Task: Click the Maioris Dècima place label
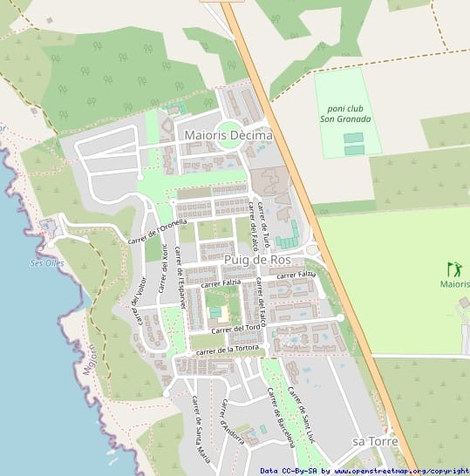[x=228, y=136]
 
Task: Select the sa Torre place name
[x=375, y=442]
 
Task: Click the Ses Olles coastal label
[x=47, y=263]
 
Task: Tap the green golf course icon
[x=453, y=269]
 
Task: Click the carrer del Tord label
[x=235, y=329]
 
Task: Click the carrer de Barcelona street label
[x=281, y=417]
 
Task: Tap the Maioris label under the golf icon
[x=454, y=284]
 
